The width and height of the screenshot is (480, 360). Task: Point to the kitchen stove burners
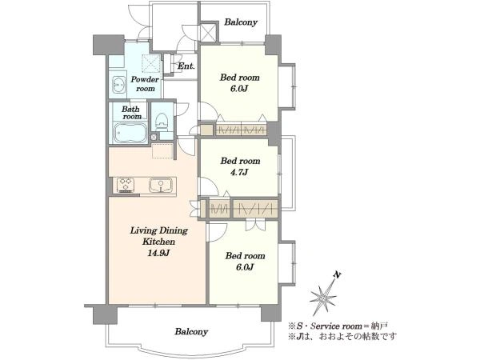126,185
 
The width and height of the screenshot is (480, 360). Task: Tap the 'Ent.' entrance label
186,66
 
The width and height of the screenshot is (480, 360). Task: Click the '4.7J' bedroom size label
239,171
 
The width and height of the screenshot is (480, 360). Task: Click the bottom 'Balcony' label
191,331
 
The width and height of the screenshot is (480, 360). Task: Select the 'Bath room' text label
131,113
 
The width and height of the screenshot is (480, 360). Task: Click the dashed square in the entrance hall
151,63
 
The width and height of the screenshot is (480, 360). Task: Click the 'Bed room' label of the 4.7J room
240,159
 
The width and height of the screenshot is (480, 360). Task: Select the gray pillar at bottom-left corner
95,314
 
